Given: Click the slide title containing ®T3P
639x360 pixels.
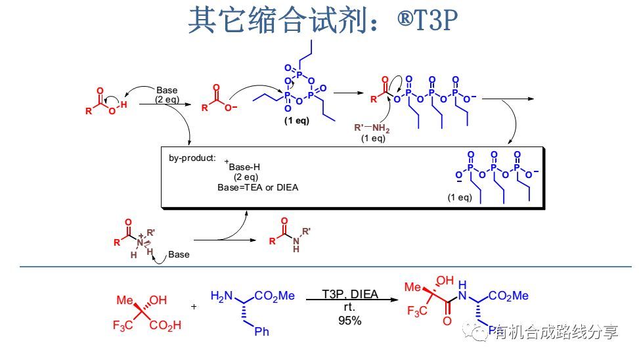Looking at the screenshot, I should pos(321,21).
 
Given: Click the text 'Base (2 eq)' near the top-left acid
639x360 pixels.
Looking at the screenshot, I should pos(166,95).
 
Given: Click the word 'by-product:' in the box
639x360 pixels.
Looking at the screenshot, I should pos(192,158).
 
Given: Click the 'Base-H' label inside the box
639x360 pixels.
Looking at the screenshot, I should pos(244,167).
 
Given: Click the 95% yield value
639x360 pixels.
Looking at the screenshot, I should pos(350,321).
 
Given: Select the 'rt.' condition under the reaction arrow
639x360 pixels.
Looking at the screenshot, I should pos(349,307).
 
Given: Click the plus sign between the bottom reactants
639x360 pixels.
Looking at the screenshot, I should pos(194,306).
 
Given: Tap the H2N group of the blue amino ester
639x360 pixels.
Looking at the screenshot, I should pos(221,296).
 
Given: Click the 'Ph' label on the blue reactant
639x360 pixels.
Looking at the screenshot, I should pos(261,332).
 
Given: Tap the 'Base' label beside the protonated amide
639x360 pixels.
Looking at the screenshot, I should pos(179,254).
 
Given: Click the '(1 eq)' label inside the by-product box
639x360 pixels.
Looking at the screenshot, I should pos(460,197).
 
